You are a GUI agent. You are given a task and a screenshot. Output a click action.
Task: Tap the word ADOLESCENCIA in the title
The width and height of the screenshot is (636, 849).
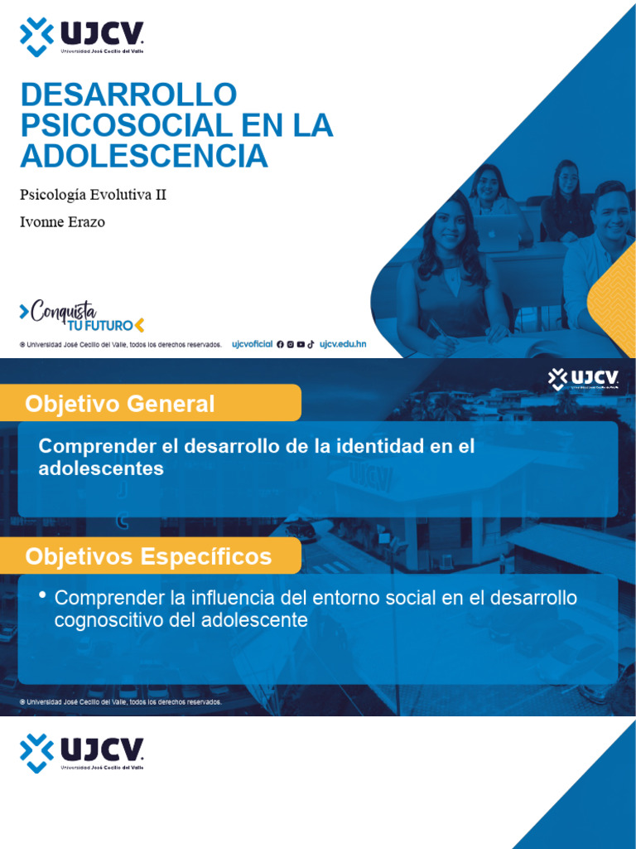point(144,156)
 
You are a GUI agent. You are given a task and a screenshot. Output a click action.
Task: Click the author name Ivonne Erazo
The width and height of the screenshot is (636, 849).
point(62,222)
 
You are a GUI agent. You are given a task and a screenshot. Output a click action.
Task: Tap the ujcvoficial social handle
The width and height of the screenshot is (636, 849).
point(252,344)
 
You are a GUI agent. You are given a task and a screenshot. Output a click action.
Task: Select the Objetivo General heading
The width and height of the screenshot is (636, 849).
point(120,404)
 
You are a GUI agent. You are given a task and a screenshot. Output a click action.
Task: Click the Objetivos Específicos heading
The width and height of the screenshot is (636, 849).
point(148,556)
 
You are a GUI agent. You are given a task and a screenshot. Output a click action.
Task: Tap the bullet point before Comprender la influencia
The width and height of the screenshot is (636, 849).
point(42,596)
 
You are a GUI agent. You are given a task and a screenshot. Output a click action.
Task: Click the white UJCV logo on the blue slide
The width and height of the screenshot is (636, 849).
point(583,380)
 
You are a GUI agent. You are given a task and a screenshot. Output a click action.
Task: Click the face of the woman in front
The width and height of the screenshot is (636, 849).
point(449,226)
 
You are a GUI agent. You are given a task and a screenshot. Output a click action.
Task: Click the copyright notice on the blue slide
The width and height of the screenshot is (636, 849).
point(121,702)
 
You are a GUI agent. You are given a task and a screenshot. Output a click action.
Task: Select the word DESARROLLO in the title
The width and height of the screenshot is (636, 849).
point(128,95)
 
